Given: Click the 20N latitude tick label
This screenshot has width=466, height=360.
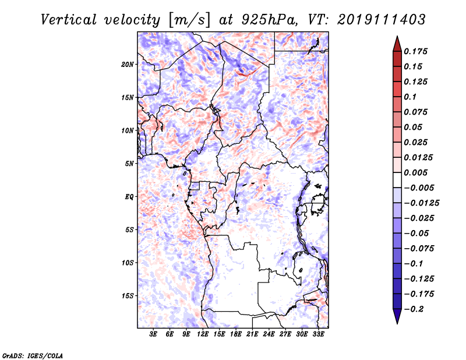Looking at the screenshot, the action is pos(128,65).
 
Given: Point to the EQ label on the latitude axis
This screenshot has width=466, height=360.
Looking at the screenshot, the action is pos(129,197).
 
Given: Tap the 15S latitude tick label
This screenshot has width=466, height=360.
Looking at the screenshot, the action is pos(128,296).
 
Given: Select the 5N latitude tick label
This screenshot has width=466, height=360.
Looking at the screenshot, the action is pos(129,164).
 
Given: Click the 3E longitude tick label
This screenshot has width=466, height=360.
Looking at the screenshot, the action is pos(153,334).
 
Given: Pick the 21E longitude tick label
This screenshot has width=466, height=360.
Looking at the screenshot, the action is pos(252,334).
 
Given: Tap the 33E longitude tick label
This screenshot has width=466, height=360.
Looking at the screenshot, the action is pos(318,334).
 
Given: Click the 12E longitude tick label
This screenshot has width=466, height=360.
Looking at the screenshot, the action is pos(203,334).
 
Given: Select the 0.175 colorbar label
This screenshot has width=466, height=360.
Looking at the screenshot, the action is pos(415,51).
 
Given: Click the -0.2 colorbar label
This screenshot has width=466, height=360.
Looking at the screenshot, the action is pos(414,309).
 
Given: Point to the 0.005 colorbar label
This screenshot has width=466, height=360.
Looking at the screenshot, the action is pos(415,172).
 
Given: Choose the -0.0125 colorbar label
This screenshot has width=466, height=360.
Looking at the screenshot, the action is pos(421,203).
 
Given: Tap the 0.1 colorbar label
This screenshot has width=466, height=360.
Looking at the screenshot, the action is pos(410,97).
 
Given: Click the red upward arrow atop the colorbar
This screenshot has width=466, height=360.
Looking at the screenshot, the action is pos(397,44).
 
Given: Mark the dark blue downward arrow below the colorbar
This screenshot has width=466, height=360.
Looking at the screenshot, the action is pos(397,316).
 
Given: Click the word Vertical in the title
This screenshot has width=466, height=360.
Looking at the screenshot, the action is pos(69,20).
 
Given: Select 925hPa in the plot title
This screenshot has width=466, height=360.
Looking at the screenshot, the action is pos(270,20).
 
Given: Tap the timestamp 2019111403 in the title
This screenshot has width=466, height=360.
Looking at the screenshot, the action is pos(382,20).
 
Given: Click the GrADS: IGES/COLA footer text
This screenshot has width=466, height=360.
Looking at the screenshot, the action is pos(33,355).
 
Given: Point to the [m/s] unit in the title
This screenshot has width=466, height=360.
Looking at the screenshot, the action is pos(190,20).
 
